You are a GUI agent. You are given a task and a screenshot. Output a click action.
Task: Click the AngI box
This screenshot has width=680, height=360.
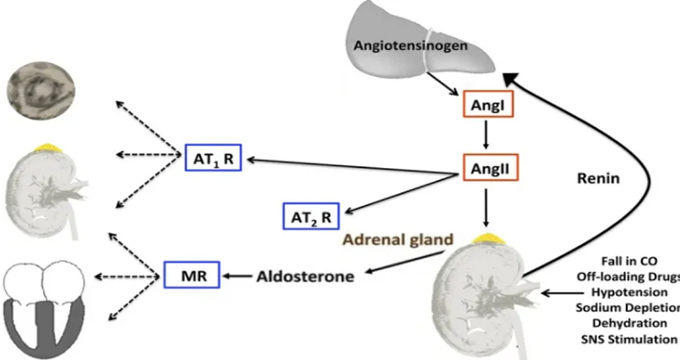[x=488, y=104]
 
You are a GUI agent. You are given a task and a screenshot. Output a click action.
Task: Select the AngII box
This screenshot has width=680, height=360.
[x=490, y=167]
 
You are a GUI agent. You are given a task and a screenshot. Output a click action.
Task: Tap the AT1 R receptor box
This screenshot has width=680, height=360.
[x=213, y=158]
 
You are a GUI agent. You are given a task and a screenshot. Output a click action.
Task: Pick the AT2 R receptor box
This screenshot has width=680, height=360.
[x=311, y=215]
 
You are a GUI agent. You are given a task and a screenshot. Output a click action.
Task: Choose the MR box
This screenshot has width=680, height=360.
[x=191, y=275]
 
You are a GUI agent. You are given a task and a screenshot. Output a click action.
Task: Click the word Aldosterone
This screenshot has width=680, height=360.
[x=305, y=276]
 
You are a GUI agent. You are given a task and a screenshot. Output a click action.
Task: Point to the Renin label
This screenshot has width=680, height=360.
[x=598, y=178]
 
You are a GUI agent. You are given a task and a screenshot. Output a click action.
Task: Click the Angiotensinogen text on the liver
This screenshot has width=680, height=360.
[x=411, y=46]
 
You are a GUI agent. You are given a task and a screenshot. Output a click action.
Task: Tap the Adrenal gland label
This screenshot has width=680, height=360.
[x=398, y=239]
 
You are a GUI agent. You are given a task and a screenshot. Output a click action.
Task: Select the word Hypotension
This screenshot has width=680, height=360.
[x=630, y=293]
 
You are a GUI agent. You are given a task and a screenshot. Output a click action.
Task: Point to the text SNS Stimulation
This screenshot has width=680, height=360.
[x=629, y=339]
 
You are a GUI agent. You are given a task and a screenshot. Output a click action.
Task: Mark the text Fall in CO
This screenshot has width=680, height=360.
[x=629, y=261]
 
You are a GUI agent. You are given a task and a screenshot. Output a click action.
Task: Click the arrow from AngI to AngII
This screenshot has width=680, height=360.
[x=486, y=134]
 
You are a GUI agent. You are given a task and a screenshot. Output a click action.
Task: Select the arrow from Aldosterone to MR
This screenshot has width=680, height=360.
[x=238, y=276]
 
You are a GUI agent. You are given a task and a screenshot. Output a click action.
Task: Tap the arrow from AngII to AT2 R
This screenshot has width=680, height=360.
[x=402, y=194]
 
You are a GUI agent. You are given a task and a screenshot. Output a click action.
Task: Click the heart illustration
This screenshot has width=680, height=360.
[x=44, y=310]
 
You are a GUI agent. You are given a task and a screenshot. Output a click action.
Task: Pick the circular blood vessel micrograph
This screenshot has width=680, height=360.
[x=41, y=91]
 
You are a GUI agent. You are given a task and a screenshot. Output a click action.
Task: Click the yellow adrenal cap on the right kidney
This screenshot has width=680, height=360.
[x=486, y=238]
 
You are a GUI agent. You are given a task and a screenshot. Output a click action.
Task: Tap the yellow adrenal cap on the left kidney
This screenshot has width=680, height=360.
[x=48, y=148]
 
